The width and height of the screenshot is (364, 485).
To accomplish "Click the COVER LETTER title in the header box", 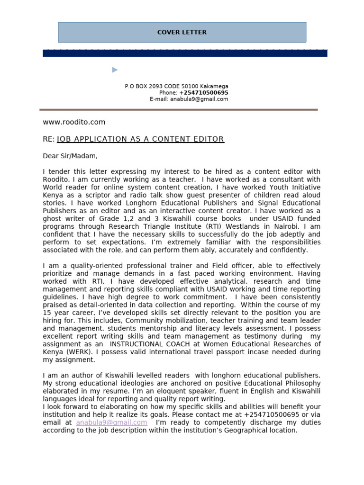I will point(182,32).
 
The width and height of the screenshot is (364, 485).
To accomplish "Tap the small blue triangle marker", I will point(115,70).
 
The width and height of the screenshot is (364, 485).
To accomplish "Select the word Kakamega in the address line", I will point(214,86).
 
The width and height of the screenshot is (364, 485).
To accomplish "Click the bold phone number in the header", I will point(203,93).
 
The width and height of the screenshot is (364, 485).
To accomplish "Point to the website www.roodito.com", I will point(74,122).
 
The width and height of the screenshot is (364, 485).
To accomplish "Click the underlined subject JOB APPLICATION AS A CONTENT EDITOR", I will point(140,139).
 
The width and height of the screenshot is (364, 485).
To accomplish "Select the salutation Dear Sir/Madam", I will point(70,156).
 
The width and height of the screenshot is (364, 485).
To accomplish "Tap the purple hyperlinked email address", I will point(111,422).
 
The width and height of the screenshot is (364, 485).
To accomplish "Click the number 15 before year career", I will point(47,313).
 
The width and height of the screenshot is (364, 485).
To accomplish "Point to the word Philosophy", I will point(303,383).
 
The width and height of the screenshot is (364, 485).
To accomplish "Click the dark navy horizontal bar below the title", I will point(185,54).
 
